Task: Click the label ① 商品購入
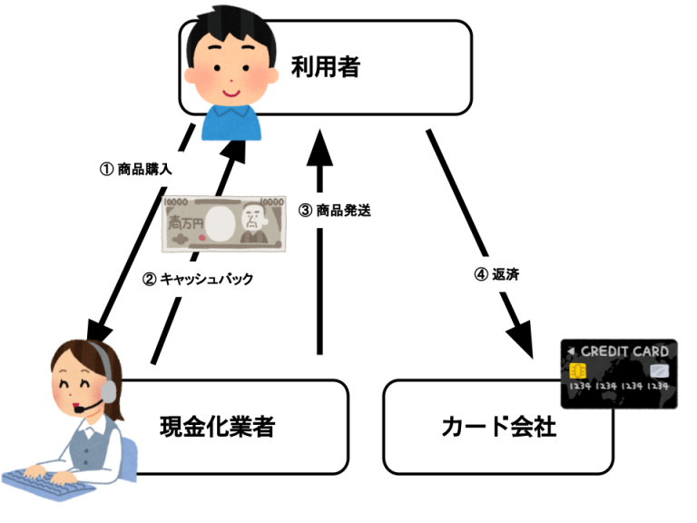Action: pos(135,169)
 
